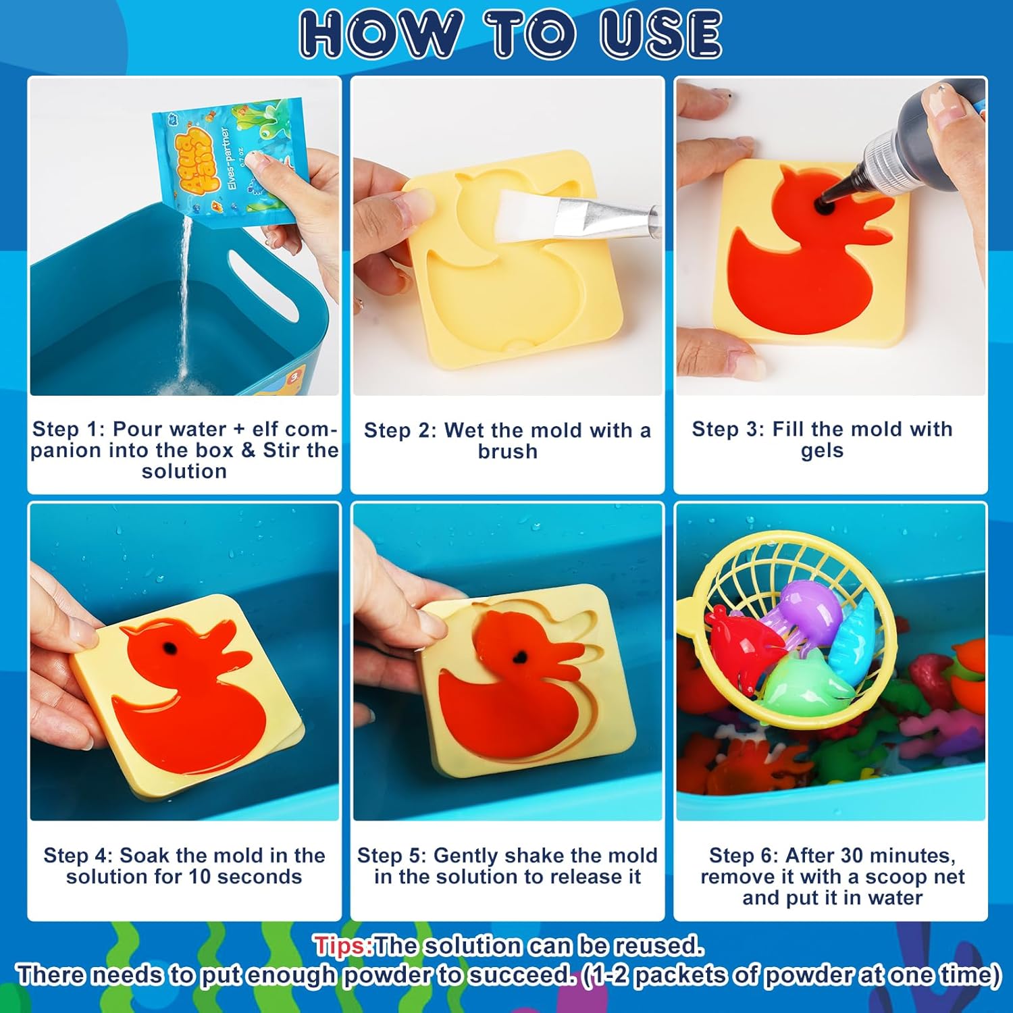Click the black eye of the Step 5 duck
tap(521, 655)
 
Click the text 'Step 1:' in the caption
tap(69, 430)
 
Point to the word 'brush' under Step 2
tap(507, 451)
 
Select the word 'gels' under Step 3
tap(822, 451)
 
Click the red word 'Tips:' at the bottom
tap(343, 945)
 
